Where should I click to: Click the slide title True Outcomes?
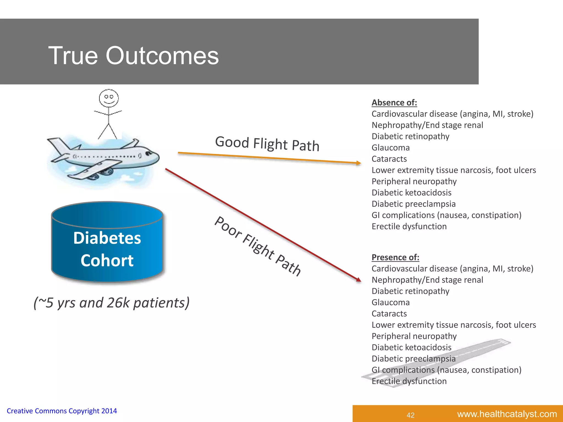tap(133, 55)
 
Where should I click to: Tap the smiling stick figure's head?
tap(109, 98)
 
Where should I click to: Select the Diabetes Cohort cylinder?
tap(107, 243)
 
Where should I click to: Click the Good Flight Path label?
tap(267, 144)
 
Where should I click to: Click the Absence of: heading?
tap(394, 102)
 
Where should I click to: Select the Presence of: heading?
tap(395, 257)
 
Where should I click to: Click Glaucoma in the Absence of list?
tap(390, 148)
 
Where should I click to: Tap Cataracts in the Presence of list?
tap(389, 313)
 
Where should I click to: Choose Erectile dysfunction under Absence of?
tap(409, 226)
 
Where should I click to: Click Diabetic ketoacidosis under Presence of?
tap(411, 347)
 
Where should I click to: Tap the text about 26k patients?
tap(111, 303)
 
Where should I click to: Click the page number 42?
tap(410, 415)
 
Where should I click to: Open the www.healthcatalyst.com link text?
tap(507, 414)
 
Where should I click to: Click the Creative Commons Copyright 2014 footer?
tap(62, 411)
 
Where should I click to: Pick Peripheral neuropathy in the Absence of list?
tap(414, 181)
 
